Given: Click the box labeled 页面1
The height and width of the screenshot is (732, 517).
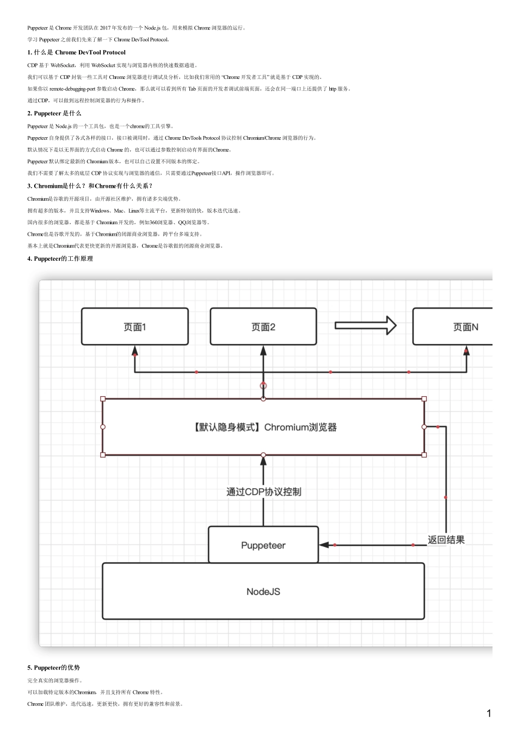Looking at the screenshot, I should [x=135, y=327].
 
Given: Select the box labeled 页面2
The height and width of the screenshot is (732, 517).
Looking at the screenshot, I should [x=263, y=327].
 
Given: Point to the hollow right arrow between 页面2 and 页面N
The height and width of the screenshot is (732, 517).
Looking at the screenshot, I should [x=365, y=325].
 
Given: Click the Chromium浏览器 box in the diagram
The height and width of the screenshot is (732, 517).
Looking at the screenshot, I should [x=263, y=427].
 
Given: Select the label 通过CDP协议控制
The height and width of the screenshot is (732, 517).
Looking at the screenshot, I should [x=263, y=492].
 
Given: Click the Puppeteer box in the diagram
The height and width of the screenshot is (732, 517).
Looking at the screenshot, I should [x=263, y=545].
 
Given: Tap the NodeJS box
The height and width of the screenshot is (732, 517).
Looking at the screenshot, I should [x=263, y=592].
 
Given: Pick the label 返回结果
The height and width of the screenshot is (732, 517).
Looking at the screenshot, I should [x=446, y=540].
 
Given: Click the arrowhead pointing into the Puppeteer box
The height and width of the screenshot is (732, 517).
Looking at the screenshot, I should [x=324, y=545].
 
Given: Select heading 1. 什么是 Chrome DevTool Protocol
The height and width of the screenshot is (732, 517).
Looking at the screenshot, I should [x=77, y=53].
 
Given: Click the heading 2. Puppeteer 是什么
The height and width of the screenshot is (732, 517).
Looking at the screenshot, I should [x=54, y=113].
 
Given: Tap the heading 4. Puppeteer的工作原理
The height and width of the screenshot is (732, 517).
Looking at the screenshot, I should [x=60, y=259].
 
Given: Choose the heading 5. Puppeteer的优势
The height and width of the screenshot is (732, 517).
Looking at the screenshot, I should [x=54, y=668].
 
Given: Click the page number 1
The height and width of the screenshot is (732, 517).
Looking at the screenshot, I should [x=489, y=713].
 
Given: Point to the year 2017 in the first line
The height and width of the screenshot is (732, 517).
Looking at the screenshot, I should [x=105, y=28].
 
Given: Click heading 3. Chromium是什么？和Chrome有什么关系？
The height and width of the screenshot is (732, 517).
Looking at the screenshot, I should [x=90, y=186].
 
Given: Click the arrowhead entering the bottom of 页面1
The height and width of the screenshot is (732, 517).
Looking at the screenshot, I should [x=135, y=351].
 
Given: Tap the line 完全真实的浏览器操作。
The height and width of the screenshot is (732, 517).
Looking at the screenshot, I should [x=55, y=681].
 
